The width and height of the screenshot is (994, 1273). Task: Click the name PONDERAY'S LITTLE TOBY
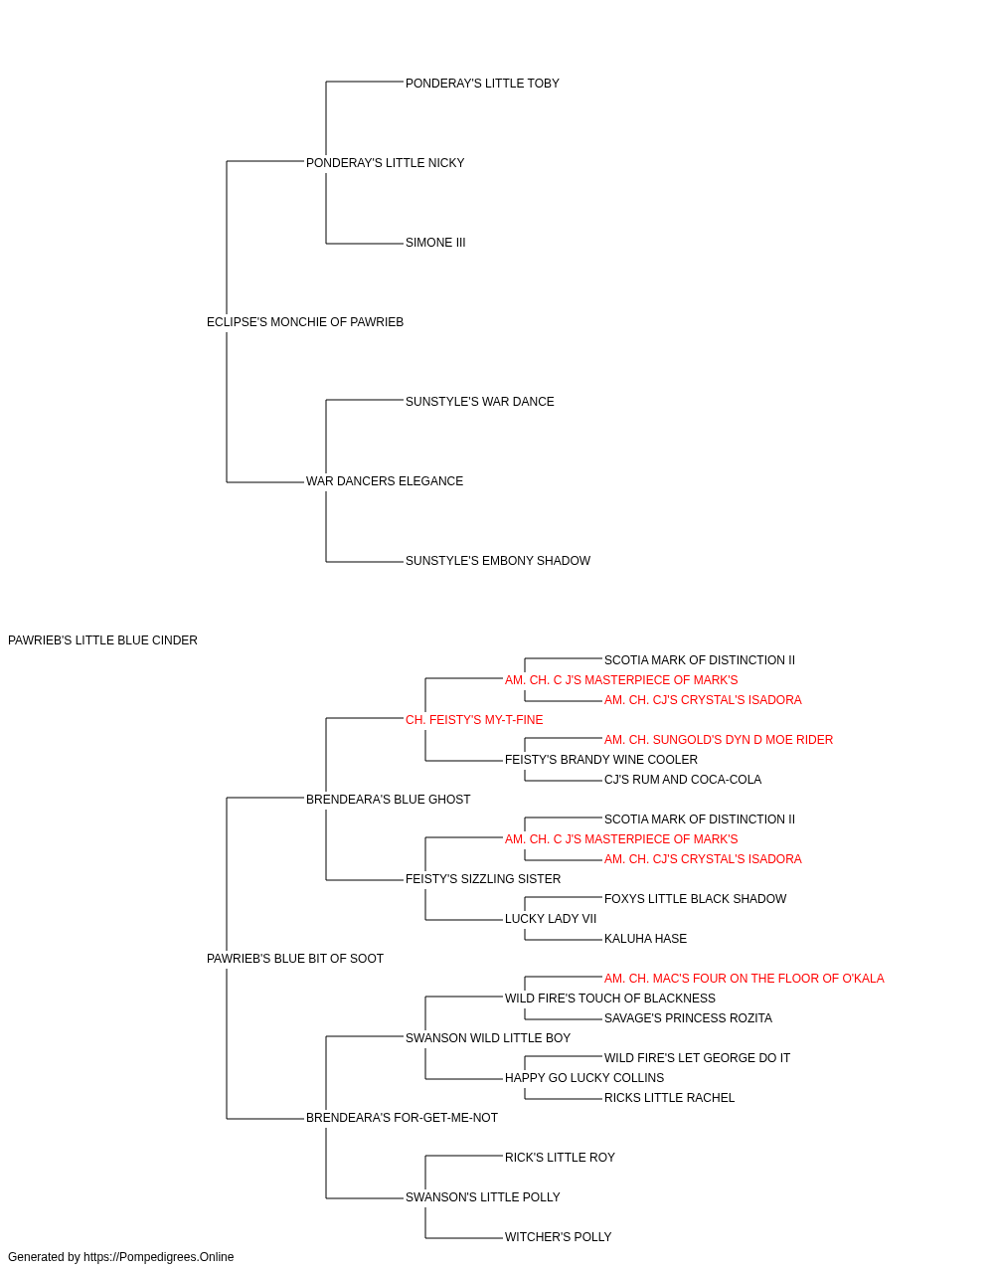[482, 84]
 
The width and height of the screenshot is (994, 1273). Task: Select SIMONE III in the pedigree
[435, 243]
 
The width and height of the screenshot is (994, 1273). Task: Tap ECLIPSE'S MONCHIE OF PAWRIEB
[305, 322]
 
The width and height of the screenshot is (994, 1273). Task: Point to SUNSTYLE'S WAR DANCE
[479, 402]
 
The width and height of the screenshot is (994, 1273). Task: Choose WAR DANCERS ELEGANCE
[384, 481]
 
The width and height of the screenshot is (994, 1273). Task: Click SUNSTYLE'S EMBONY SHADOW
[498, 561]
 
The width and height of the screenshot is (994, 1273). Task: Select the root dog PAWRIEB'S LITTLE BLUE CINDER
[102, 640]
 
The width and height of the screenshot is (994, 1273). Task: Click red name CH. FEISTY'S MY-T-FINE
[473, 720]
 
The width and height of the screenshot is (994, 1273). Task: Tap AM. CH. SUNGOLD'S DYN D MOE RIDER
[718, 740]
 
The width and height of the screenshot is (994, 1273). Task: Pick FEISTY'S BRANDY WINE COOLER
[600, 760]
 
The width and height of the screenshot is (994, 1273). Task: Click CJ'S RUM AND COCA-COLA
[682, 780]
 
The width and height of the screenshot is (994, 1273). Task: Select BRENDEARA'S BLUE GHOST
[388, 800]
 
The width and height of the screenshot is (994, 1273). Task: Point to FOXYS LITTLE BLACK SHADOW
[695, 899]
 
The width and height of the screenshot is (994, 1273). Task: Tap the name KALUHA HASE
[645, 939]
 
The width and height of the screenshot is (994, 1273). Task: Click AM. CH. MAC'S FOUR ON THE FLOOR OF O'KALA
[744, 979]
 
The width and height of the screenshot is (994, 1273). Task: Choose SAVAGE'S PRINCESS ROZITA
[687, 1018]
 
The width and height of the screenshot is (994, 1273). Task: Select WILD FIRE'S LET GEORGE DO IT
[697, 1058]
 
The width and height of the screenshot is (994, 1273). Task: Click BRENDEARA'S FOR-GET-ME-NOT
[402, 1118]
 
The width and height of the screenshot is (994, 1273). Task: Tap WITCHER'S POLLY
[558, 1238]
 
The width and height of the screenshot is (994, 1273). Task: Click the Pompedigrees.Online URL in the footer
[158, 1258]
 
